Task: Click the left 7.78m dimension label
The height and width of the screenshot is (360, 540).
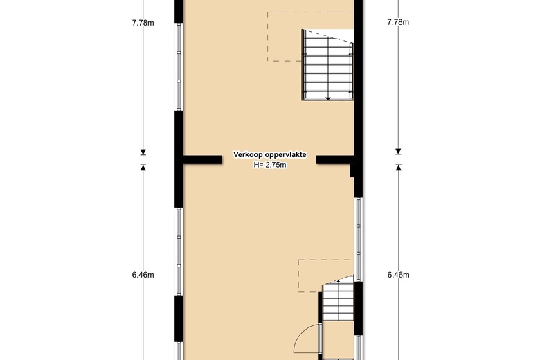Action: pyautogui.click(x=143, y=23)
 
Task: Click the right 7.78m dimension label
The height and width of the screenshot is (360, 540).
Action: pyautogui.click(x=398, y=22)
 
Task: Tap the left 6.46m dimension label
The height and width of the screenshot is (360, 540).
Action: pyautogui.click(x=143, y=275)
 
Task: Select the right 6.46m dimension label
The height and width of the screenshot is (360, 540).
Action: pyautogui.click(x=399, y=275)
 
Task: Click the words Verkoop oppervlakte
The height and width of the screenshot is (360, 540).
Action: pyautogui.click(x=270, y=154)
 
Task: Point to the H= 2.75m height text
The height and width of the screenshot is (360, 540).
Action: pyautogui.click(x=270, y=165)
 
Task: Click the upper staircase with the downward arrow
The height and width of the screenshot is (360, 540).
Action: pyautogui.click(x=328, y=65)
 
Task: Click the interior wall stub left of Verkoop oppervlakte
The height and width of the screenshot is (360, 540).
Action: pyautogui.click(x=201, y=160)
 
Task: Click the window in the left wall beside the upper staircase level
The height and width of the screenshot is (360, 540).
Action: pyautogui.click(x=179, y=67)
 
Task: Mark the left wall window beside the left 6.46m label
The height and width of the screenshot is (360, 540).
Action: pyautogui.click(x=179, y=251)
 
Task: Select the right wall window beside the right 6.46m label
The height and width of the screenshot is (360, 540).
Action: pyautogui.click(x=359, y=240)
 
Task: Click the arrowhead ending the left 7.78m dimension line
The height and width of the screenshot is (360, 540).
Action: pyautogui.click(x=143, y=152)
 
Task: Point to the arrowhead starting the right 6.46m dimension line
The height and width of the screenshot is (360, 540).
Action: pyautogui.click(x=399, y=168)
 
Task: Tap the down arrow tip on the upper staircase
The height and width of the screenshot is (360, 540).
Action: pyautogui.click(x=328, y=100)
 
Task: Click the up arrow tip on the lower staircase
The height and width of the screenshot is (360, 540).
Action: pyautogui.click(x=338, y=280)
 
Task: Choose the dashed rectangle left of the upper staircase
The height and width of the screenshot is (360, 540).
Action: pyautogui.click(x=311, y=37)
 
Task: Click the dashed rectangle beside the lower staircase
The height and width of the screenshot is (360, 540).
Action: pyautogui.click(x=326, y=276)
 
